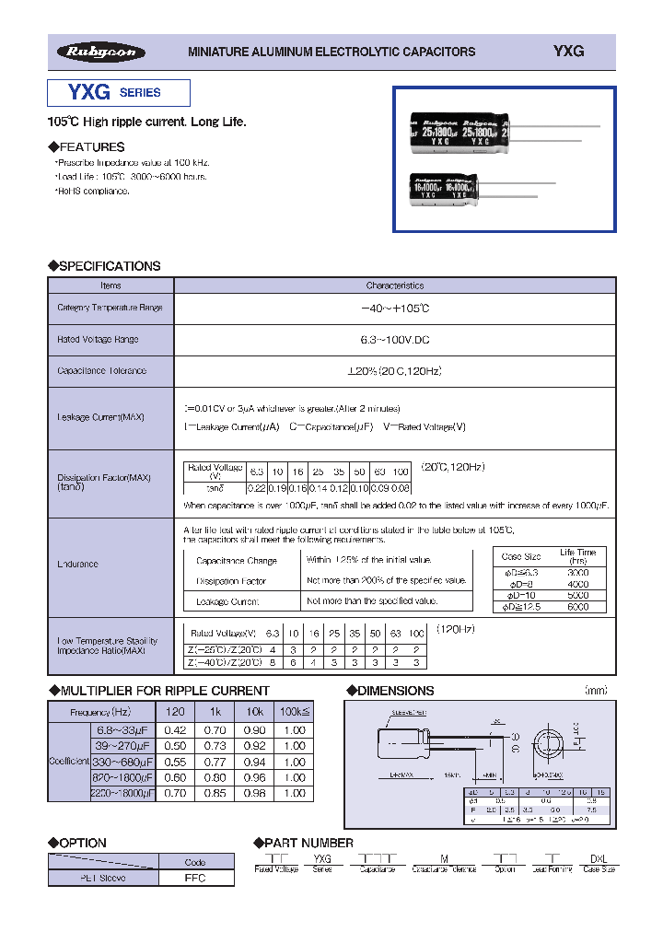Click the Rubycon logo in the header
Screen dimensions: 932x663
100,52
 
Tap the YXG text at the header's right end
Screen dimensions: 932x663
569,52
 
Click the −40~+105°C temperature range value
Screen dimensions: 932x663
394,309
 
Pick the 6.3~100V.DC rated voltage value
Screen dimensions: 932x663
394,340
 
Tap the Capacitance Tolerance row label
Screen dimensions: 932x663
102,371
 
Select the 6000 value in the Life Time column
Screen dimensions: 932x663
578,606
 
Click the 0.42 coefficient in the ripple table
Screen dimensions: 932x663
174,729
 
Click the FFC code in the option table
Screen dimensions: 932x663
195,878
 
